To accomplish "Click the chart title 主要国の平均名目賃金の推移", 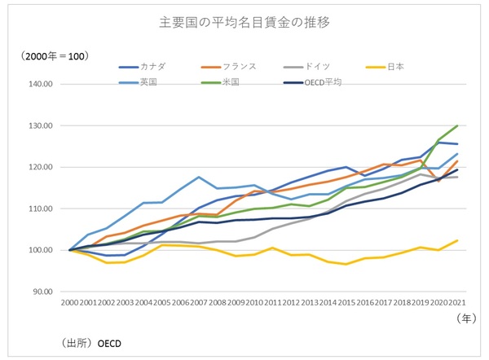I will coord(244,22).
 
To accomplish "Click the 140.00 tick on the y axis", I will coord(40,84).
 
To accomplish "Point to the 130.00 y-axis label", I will coord(40,126).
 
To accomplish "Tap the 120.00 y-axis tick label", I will coord(40,167).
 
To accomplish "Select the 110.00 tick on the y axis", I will coord(40,209).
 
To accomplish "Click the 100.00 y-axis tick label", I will coord(40,250).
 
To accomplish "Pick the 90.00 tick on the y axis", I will coord(42,292).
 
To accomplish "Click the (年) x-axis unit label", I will coord(460,322).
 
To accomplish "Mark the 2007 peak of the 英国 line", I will coord(199,177).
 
